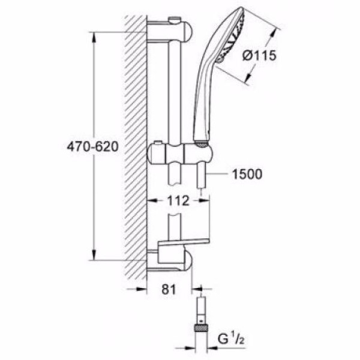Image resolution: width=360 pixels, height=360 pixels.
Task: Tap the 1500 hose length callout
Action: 246,174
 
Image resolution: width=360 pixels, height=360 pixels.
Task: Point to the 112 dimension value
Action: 178,200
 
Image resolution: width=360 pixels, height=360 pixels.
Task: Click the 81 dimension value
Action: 168,289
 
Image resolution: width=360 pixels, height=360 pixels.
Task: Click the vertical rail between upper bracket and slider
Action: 174,90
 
